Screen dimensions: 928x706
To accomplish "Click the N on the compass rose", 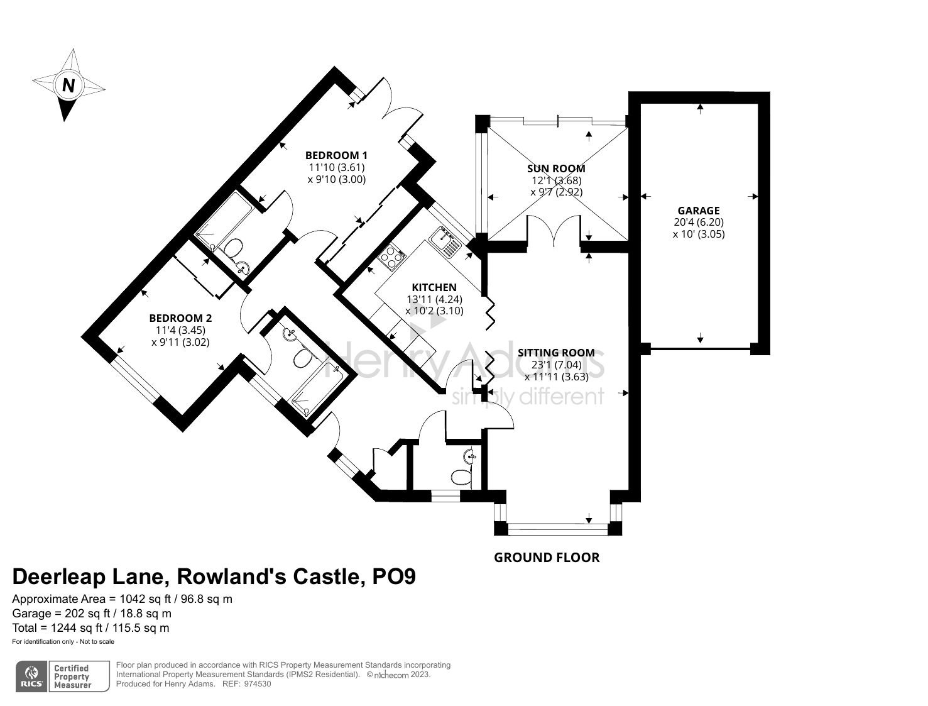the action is pyautogui.click(x=68, y=86).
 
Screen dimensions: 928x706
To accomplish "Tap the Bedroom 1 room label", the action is pyautogui.click(x=337, y=155).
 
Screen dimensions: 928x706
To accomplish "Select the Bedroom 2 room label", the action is pyautogui.click(x=180, y=318).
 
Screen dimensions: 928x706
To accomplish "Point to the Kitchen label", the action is pyautogui.click(x=434, y=288).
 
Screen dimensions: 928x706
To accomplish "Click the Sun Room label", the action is pyautogui.click(x=557, y=168).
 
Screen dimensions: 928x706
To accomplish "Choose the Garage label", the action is pyautogui.click(x=699, y=210).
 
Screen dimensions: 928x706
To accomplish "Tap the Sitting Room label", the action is pyautogui.click(x=557, y=353).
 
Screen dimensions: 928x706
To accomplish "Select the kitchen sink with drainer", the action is pyautogui.click(x=445, y=241).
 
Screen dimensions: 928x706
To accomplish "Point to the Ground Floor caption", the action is pyautogui.click(x=547, y=558).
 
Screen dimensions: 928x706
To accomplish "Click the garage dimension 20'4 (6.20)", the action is pyautogui.click(x=699, y=222).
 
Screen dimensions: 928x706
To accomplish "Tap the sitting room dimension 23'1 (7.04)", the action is pyautogui.click(x=557, y=365).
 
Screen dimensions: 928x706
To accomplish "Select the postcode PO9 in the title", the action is pyautogui.click(x=394, y=577).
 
